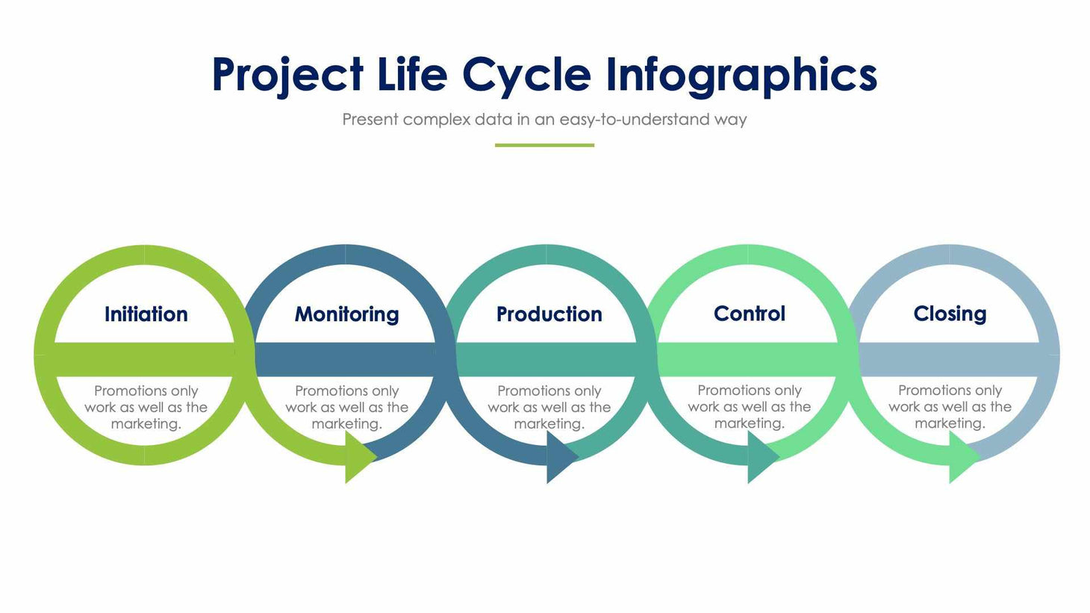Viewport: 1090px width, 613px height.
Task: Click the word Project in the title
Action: click(287, 75)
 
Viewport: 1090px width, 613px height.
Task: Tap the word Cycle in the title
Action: click(526, 75)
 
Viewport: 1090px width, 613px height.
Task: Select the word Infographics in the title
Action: click(741, 75)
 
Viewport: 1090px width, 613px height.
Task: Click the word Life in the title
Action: click(412, 75)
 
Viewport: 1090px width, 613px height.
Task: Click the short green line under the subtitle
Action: click(544, 145)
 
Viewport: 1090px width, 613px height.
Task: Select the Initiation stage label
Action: click(146, 314)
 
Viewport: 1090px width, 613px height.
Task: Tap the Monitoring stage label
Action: click(346, 314)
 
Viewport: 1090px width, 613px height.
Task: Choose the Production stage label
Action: click(549, 314)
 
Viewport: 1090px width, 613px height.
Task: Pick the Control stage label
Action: click(749, 314)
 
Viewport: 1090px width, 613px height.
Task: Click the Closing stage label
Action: click(950, 314)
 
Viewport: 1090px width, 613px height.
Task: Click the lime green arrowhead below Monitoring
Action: click(359, 456)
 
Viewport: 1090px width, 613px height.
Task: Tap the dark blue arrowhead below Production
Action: click(561, 456)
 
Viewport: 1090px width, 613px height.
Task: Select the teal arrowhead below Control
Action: click(762, 456)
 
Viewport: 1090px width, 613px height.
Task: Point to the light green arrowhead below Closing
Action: click(962, 456)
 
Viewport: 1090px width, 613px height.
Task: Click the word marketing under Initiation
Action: click(144, 424)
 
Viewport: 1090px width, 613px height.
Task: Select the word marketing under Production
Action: click(547, 424)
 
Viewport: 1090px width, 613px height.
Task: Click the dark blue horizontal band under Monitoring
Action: click(345, 359)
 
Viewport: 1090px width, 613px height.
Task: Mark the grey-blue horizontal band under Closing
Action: click(949, 359)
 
